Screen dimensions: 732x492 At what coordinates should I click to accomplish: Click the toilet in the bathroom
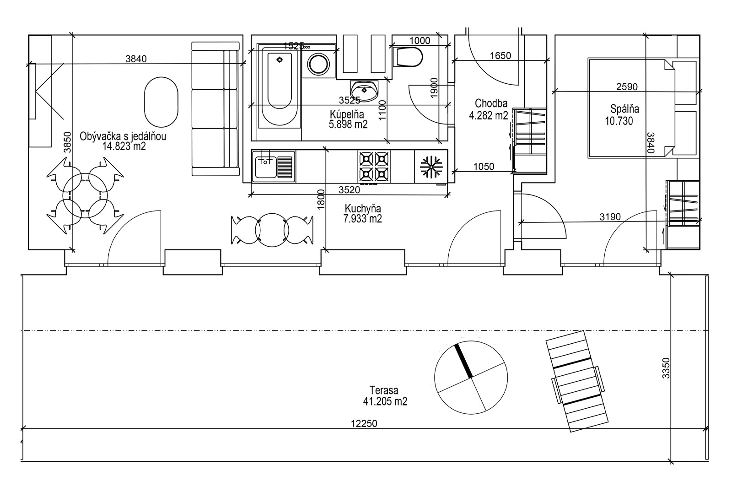(x=408, y=57)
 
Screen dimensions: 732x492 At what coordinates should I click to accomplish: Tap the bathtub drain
(x=280, y=60)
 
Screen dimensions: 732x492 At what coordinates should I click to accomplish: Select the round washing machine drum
(x=319, y=64)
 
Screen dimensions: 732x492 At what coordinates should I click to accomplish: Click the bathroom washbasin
(x=364, y=91)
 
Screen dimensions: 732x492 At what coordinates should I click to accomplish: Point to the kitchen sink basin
(x=266, y=167)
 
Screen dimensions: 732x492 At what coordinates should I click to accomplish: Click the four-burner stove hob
(x=374, y=167)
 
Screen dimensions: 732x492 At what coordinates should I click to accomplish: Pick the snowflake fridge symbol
(x=431, y=167)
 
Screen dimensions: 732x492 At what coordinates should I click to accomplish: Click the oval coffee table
(x=161, y=102)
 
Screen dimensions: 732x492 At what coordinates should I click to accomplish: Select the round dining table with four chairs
(x=85, y=195)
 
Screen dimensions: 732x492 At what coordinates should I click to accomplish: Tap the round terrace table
(x=471, y=378)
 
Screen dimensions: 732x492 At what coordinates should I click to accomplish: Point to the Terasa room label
(x=384, y=390)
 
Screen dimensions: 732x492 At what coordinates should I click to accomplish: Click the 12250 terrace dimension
(x=364, y=424)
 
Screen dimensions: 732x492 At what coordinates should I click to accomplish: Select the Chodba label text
(x=491, y=103)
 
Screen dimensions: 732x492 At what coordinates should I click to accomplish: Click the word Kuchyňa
(x=363, y=208)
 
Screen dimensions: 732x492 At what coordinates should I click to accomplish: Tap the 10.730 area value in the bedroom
(x=619, y=121)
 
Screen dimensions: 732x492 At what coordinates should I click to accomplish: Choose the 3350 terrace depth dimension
(x=666, y=368)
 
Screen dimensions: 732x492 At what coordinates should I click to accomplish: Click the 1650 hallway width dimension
(x=501, y=55)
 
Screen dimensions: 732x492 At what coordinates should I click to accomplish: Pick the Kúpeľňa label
(x=347, y=114)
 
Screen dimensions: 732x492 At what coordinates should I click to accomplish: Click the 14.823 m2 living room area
(x=124, y=146)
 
